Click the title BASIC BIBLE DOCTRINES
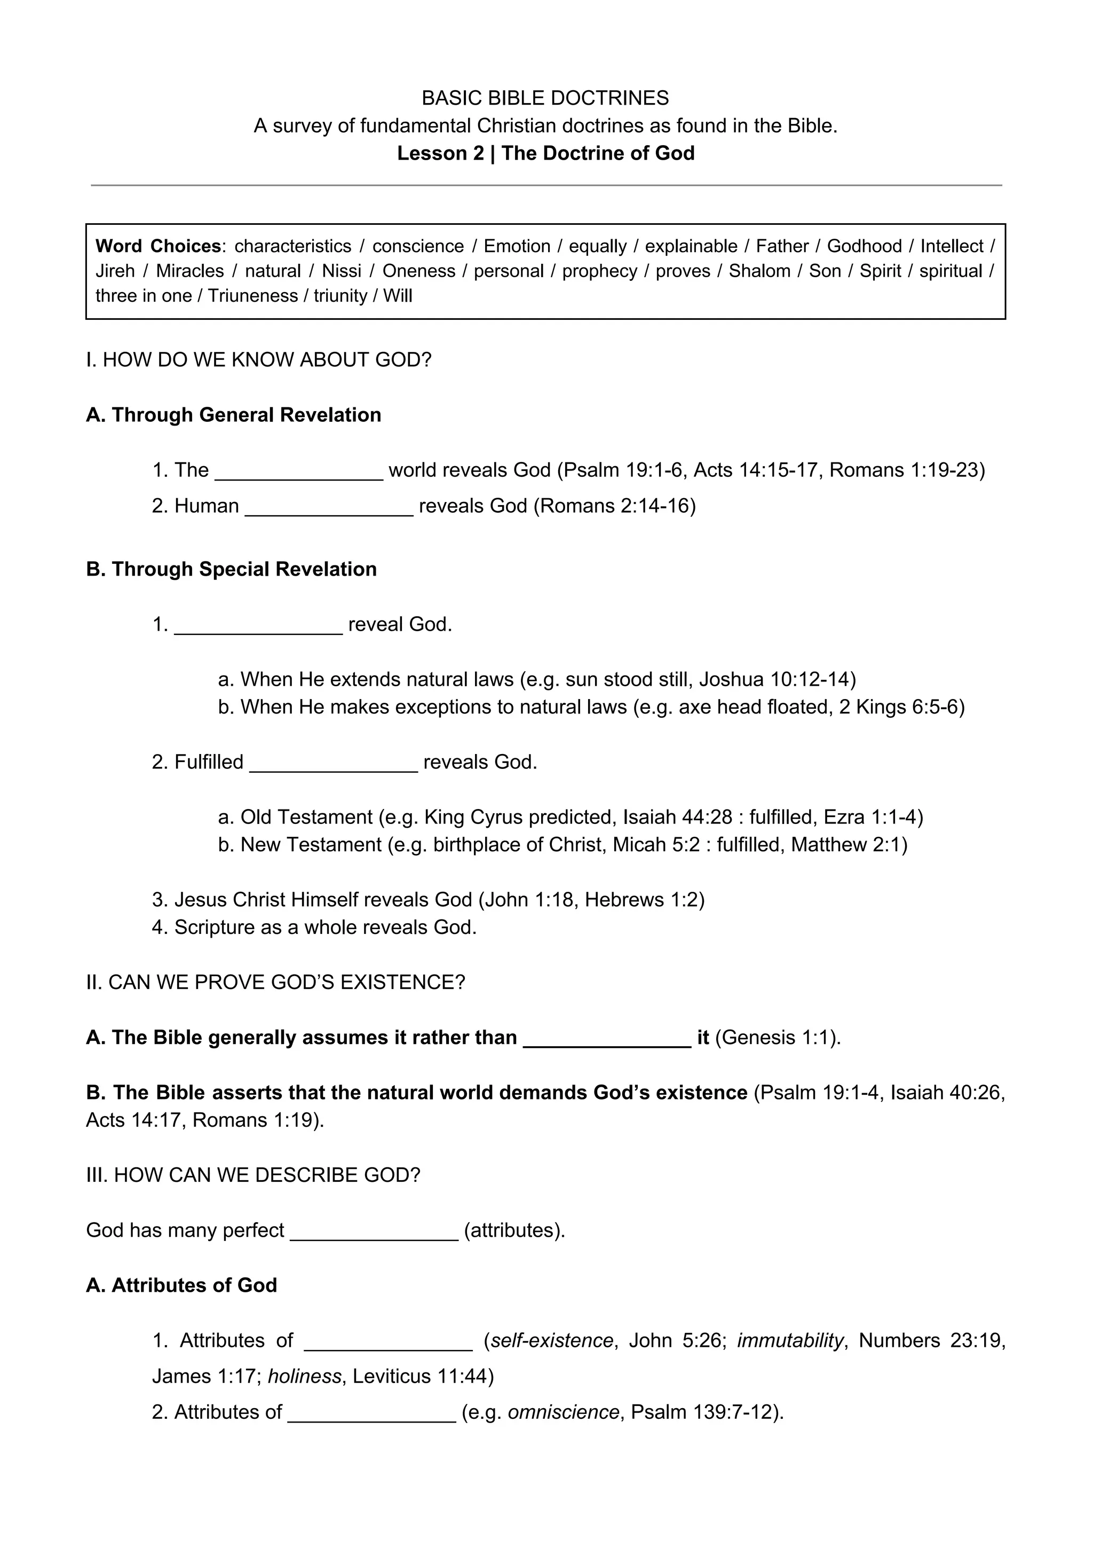(545, 98)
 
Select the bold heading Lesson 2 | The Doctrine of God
(545, 154)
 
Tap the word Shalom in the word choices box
(759, 271)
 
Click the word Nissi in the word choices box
(342, 271)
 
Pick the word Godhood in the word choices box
(864, 246)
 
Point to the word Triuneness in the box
(252, 296)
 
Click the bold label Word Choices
(159, 246)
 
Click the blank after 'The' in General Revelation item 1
(298, 471)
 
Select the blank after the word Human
(329, 507)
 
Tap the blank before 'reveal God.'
(258, 625)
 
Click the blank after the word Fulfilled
(334, 763)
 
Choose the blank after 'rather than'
(607, 1038)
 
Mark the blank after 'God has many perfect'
(374, 1230)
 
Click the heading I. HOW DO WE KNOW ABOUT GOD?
(259, 360)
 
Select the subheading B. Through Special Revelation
(231, 569)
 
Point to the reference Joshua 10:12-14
(777, 679)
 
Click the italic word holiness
(304, 1376)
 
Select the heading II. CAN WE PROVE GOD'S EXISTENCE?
(275, 983)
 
